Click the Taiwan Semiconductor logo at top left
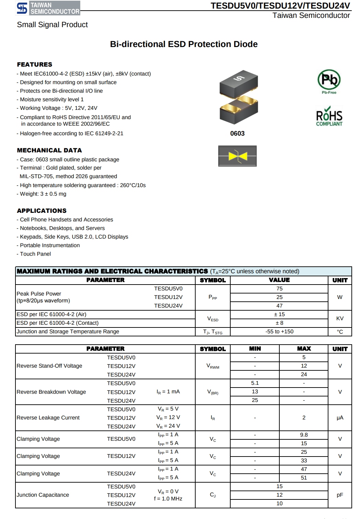[x=48, y=8]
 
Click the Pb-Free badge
[x=329, y=81]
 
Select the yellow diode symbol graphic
[x=237, y=156]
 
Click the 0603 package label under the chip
[x=237, y=134]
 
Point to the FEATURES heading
[x=35, y=65]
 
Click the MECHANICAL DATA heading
[x=49, y=150]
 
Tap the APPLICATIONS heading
[x=42, y=211]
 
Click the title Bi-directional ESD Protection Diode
[x=184, y=44]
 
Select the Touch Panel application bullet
[x=35, y=254]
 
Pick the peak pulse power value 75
[x=279, y=289]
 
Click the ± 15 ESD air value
[x=279, y=314]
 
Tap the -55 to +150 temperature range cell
[x=279, y=332]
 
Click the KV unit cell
[x=340, y=319]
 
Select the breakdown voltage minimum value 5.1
[x=255, y=383]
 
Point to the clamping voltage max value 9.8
[x=304, y=435]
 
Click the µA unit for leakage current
[x=340, y=418]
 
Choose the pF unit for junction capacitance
[x=340, y=495]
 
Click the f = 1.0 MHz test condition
[x=168, y=499]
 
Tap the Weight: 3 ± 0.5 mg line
[x=43, y=194]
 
